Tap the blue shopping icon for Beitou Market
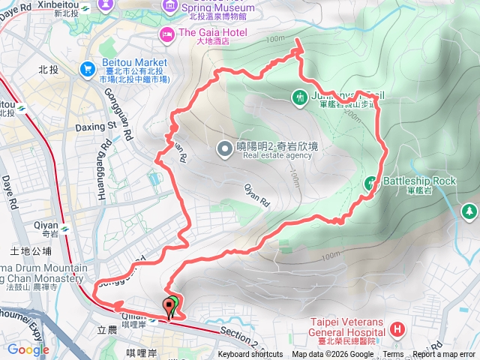[x=87, y=67]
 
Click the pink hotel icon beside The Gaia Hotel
[x=165, y=32]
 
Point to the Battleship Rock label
[x=419, y=181]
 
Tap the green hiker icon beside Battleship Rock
[x=371, y=181]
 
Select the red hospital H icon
[x=396, y=328]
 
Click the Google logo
[x=28, y=349]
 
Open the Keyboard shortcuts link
[x=250, y=355]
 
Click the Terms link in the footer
[x=393, y=355]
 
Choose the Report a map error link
[x=444, y=355]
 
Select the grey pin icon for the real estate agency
[x=224, y=148]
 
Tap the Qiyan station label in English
[x=44, y=223]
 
